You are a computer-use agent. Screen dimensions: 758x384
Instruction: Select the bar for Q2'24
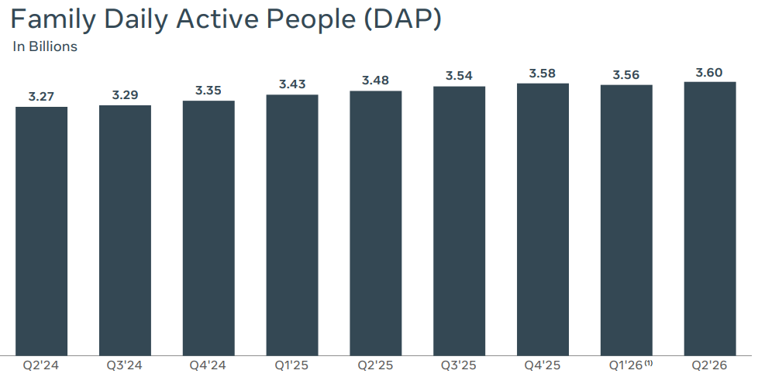tap(42, 231)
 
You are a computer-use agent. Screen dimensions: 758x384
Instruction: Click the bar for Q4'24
tap(208, 228)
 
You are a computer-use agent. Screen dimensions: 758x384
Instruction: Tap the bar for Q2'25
tap(376, 224)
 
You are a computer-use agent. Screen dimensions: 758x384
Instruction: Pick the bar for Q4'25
tap(543, 220)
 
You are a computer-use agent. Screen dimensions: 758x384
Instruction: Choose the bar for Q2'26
tap(710, 219)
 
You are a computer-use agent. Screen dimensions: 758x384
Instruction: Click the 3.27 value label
tap(42, 97)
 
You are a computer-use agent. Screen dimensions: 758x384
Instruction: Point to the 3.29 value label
tap(126, 95)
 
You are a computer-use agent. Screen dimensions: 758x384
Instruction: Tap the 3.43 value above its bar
tap(292, 84)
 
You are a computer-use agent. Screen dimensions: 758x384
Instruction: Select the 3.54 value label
tap(460, 76)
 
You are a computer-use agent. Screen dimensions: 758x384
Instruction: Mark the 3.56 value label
tap(626, 75)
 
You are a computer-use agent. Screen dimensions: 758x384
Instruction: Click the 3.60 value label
tap(710, 73)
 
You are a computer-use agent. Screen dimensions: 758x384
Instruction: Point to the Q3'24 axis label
tap(125, 365)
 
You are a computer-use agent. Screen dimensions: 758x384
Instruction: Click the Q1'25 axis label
tap(291, 365)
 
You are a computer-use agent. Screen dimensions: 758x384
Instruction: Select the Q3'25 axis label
tap(459, 365)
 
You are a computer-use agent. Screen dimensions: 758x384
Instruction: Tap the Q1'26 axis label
tap(625, 365)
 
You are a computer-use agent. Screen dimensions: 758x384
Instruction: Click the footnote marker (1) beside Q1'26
tap(649, 363)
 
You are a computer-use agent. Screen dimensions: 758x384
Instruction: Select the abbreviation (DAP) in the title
tap(401, 20)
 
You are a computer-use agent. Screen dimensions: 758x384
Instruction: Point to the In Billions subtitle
tap(45, 47)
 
